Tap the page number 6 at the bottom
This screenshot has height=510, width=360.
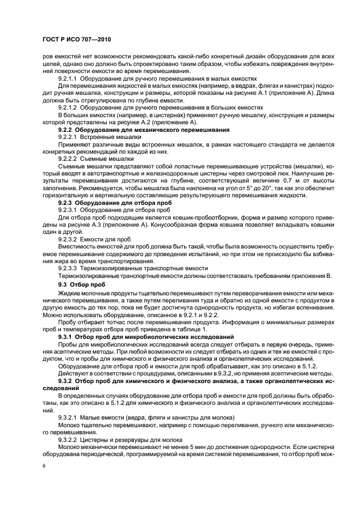44,467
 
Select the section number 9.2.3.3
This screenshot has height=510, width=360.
68,267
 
